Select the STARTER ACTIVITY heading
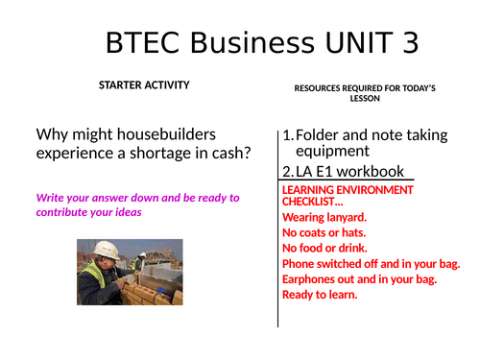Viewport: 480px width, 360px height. tap(144, 86)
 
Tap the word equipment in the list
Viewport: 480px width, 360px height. tap(332, 151)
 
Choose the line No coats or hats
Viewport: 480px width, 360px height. tap(325, 232)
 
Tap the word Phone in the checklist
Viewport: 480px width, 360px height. tap(299, 263)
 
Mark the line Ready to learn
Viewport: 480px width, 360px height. tap(320, 294)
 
